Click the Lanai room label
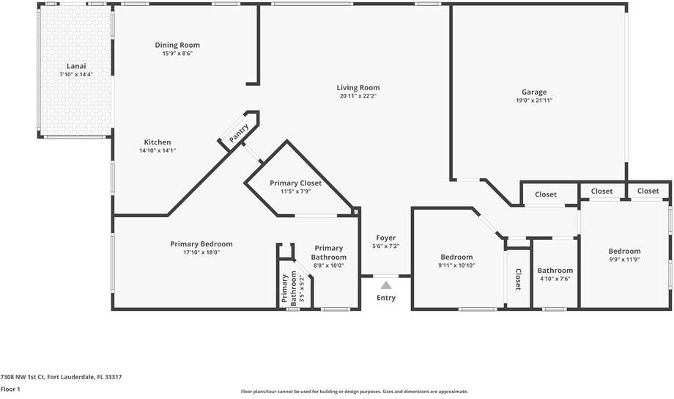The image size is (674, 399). coord(76,66)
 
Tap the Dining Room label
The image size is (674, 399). coord(177,45)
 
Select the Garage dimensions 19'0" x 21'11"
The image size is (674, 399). coord(534,100)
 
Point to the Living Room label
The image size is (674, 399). coord(358,87)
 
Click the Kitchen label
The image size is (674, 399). coord(157,142)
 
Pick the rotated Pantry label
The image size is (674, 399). coord(239,132)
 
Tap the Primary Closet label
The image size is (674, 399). coord(295,183)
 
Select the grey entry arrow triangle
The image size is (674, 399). coord(386,285)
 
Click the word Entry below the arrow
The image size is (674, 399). coord(386,298)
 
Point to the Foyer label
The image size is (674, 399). coord(386,238)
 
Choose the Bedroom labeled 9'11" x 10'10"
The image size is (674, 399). coord(456,257)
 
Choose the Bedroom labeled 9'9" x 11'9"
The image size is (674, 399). coord(624,251)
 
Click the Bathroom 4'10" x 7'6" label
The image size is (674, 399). coord(555,270)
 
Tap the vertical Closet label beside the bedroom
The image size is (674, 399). coord(518,279)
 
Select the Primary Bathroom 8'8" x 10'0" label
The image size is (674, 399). coord(329,248)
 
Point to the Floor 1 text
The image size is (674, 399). coord(10,389)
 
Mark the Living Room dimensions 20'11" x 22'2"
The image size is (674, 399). coord(358,96)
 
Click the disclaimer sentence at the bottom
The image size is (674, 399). coord(354,392)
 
